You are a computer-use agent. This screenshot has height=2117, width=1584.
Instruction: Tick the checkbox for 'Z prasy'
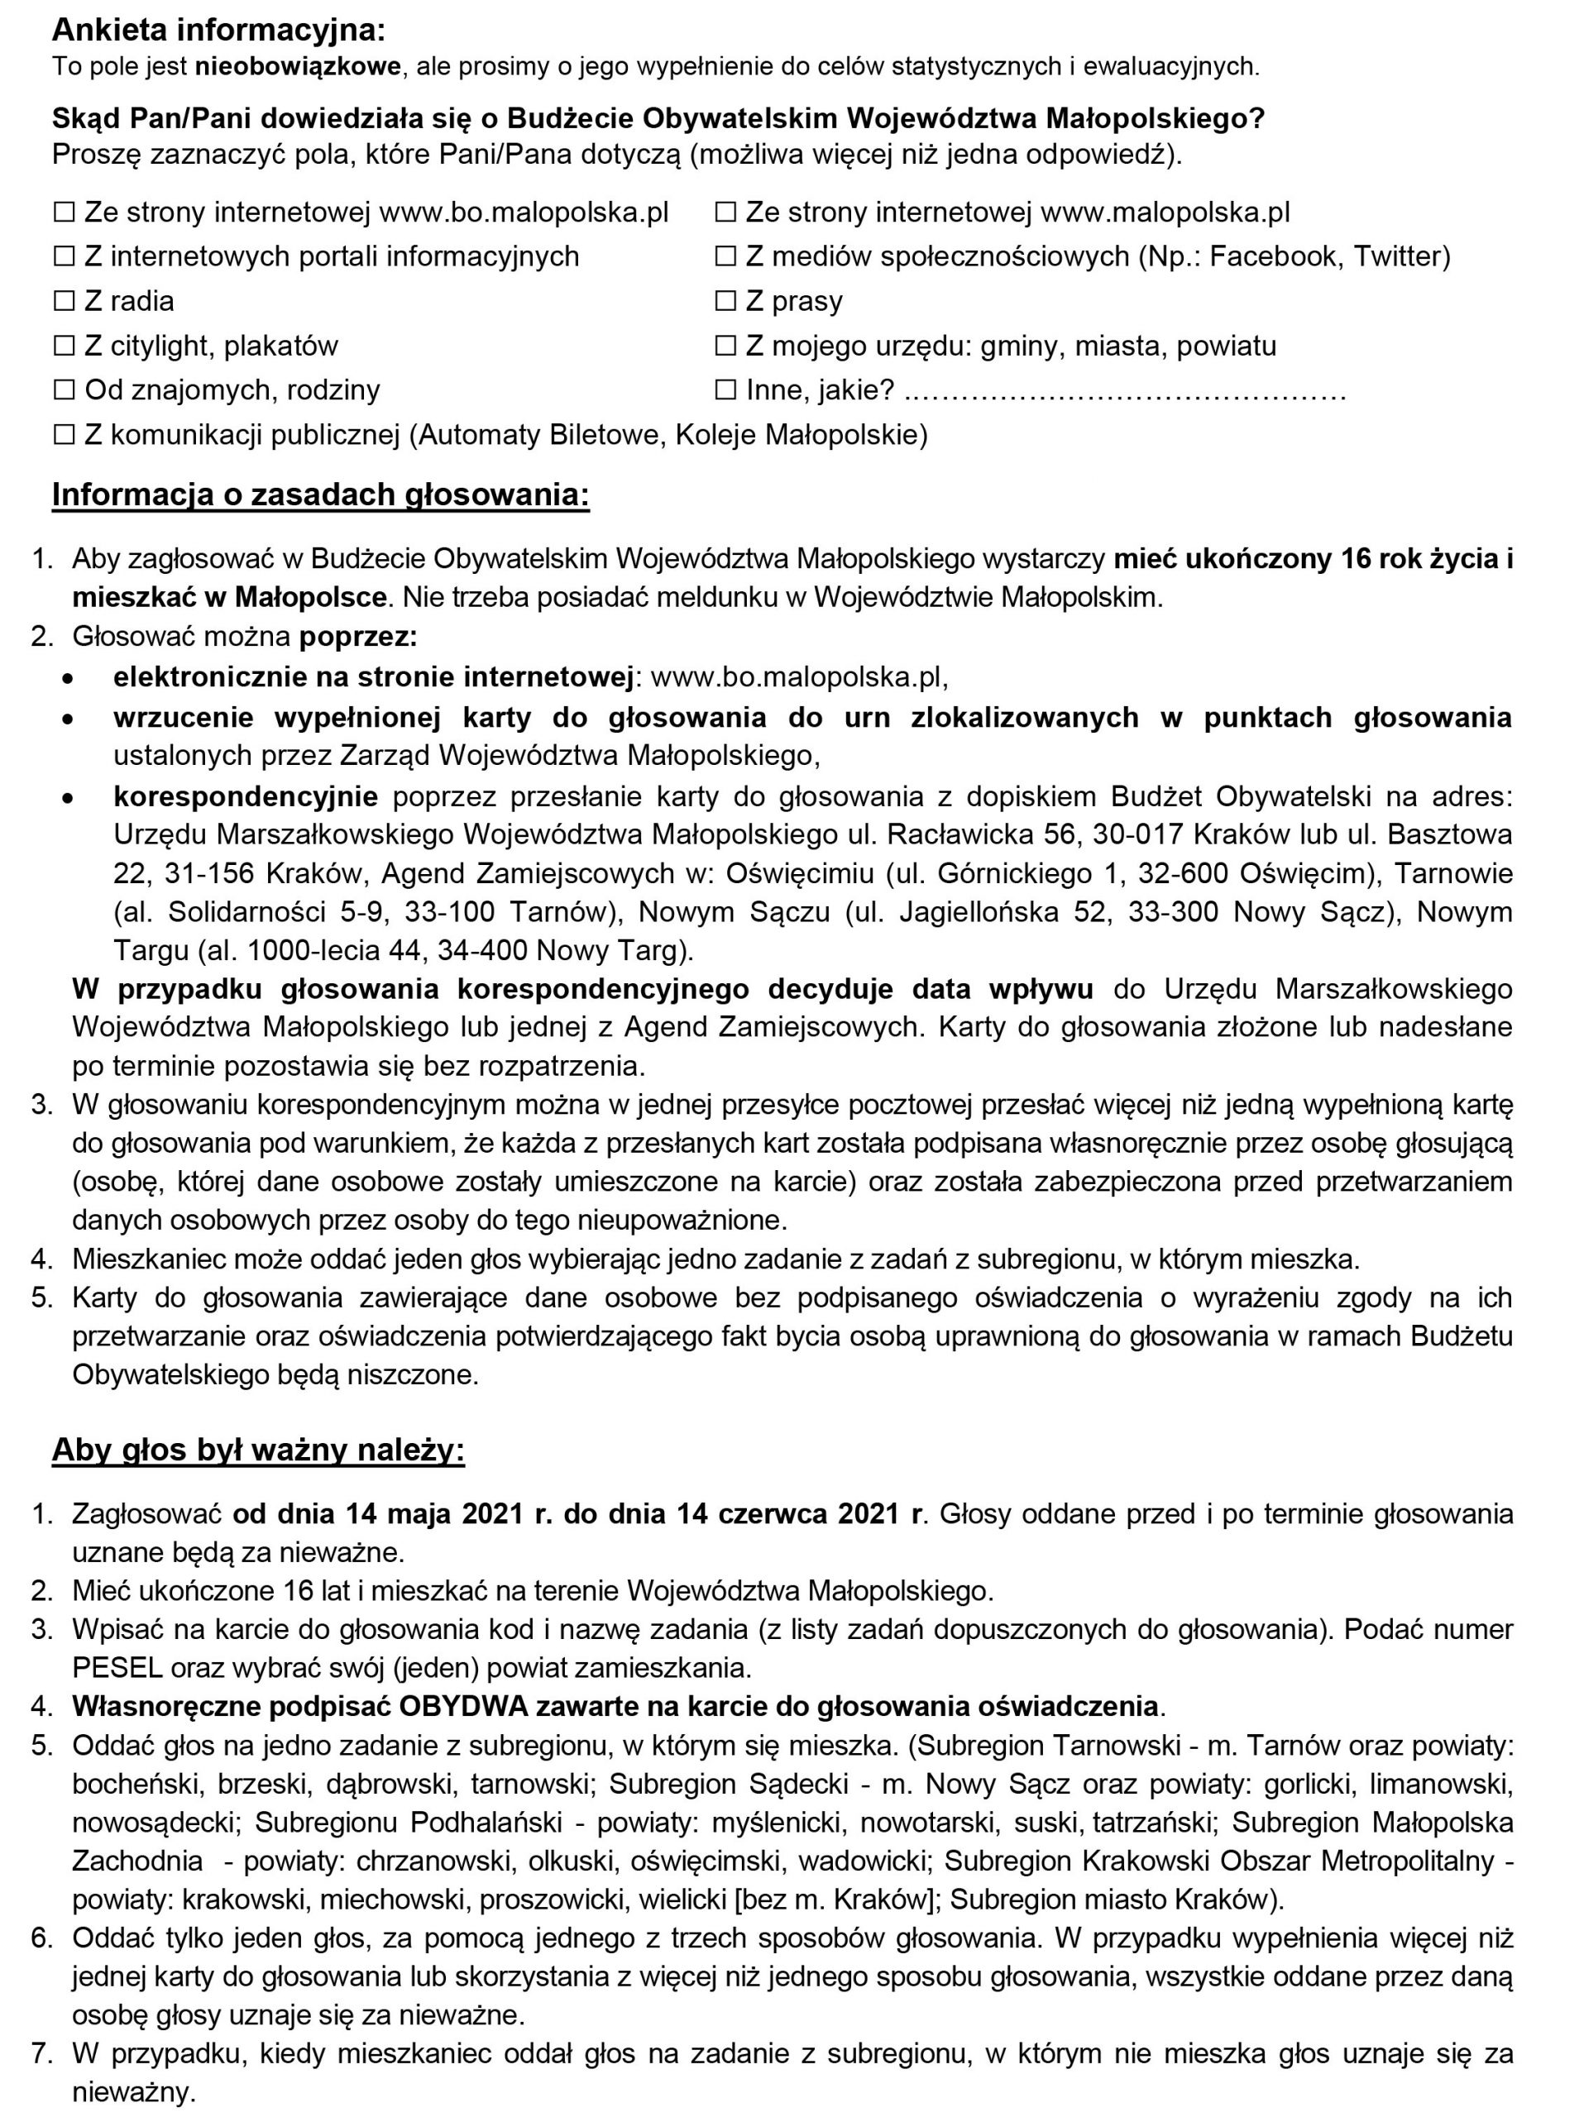coord(725,302)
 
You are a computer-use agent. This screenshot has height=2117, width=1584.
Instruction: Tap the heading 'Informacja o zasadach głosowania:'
coord(321,495)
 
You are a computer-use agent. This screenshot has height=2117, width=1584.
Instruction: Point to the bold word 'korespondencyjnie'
coord(245,796)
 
